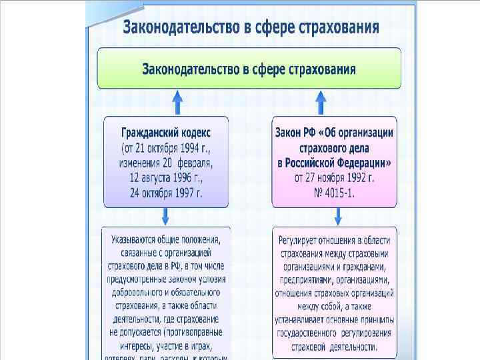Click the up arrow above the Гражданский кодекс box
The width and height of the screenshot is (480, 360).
coord(177,103)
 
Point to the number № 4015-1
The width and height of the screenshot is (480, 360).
coord(334,193)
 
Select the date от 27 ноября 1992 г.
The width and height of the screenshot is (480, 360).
coord(334,177)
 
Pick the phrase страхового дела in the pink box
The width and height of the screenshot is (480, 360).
coord(334,147)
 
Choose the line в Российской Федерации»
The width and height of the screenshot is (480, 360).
coord(334,162)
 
